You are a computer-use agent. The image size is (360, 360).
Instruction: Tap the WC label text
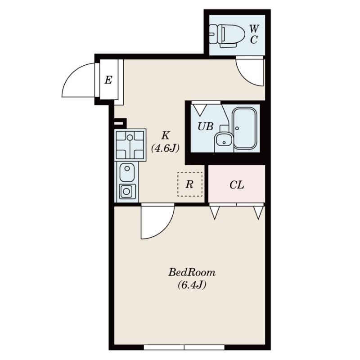point(254,35)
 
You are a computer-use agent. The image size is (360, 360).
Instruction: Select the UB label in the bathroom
point(206,126)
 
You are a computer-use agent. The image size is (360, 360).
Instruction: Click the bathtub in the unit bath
point(245,129)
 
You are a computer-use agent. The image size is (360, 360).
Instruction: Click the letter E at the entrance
point(108,81)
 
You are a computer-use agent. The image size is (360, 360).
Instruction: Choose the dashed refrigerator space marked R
point(189,184)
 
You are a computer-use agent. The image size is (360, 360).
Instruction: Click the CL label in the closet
point(237,185)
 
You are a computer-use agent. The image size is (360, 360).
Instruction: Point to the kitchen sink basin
point(127,172)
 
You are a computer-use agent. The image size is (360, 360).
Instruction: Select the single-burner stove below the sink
point(126,191)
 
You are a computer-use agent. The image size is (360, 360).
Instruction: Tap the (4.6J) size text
point(165,148)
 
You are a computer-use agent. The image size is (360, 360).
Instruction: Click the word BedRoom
point(192,273)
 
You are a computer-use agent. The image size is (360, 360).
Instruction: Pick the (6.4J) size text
point(192,285)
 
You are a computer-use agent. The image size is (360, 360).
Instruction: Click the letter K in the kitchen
point(165,135)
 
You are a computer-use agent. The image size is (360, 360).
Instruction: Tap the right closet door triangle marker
point(258,212)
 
